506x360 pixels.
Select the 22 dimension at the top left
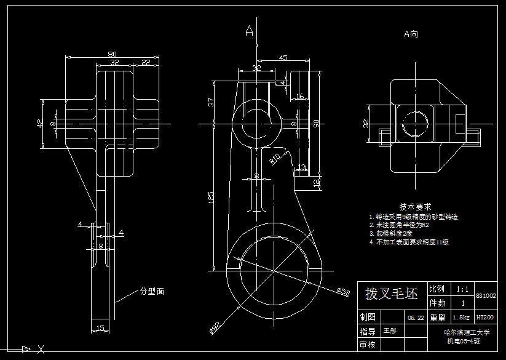point(146,62)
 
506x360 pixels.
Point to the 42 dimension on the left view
point(41,122)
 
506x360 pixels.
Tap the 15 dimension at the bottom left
point(100,327)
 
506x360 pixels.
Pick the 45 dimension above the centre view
point(283,58)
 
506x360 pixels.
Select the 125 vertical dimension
point(211,197)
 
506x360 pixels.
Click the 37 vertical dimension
point(211,101)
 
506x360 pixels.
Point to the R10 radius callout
point(275,159)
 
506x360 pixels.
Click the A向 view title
point(411,34)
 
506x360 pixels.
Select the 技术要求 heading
point(415,207)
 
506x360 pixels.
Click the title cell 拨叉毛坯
point(391,294)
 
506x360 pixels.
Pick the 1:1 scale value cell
point(462,289)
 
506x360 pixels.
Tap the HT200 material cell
point(484,318)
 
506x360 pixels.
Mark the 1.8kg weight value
point(461,318)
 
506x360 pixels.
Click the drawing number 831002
point(486,296)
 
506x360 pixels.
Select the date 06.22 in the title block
point(415,318)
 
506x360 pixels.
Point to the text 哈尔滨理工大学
point(467,332)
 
